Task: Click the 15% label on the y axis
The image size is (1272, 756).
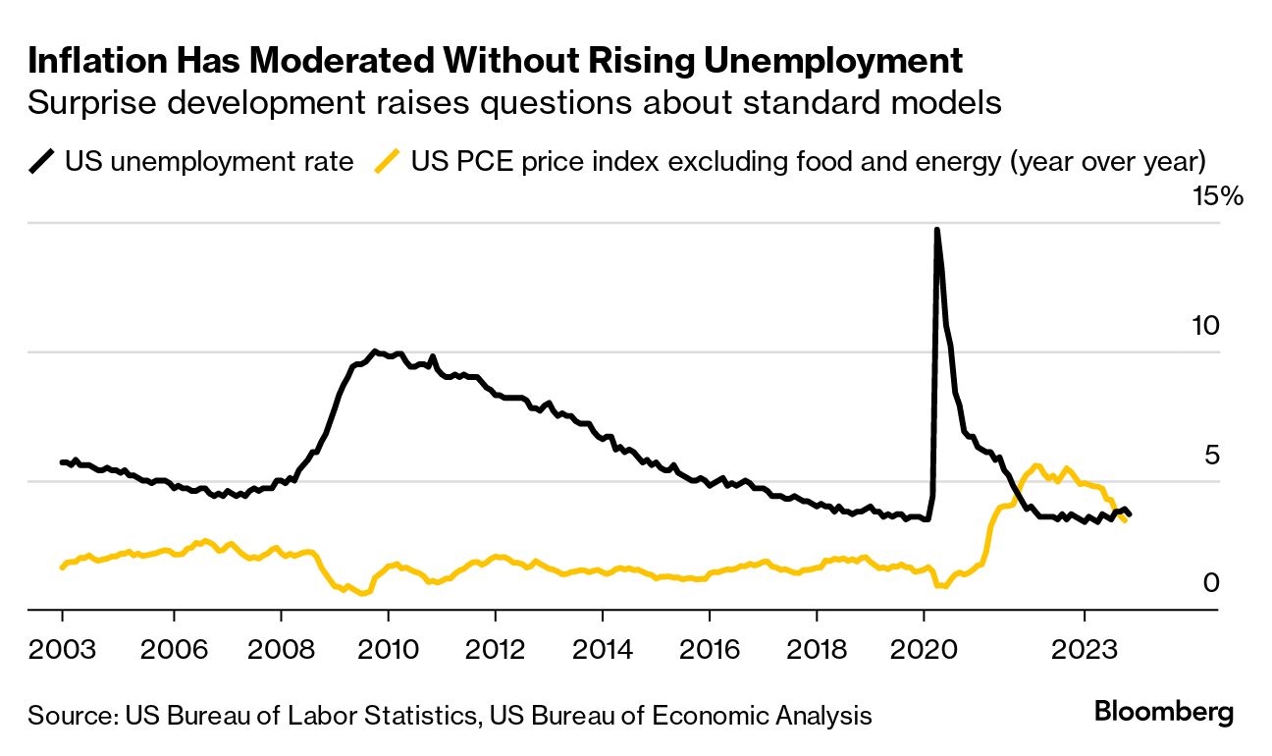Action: (x=1217, y=197)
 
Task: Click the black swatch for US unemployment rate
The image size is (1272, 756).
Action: (x=42, y=161)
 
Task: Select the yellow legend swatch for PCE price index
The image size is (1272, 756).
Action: (x=389, y=161)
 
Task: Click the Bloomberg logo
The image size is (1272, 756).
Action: (x=1163, y=712)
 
